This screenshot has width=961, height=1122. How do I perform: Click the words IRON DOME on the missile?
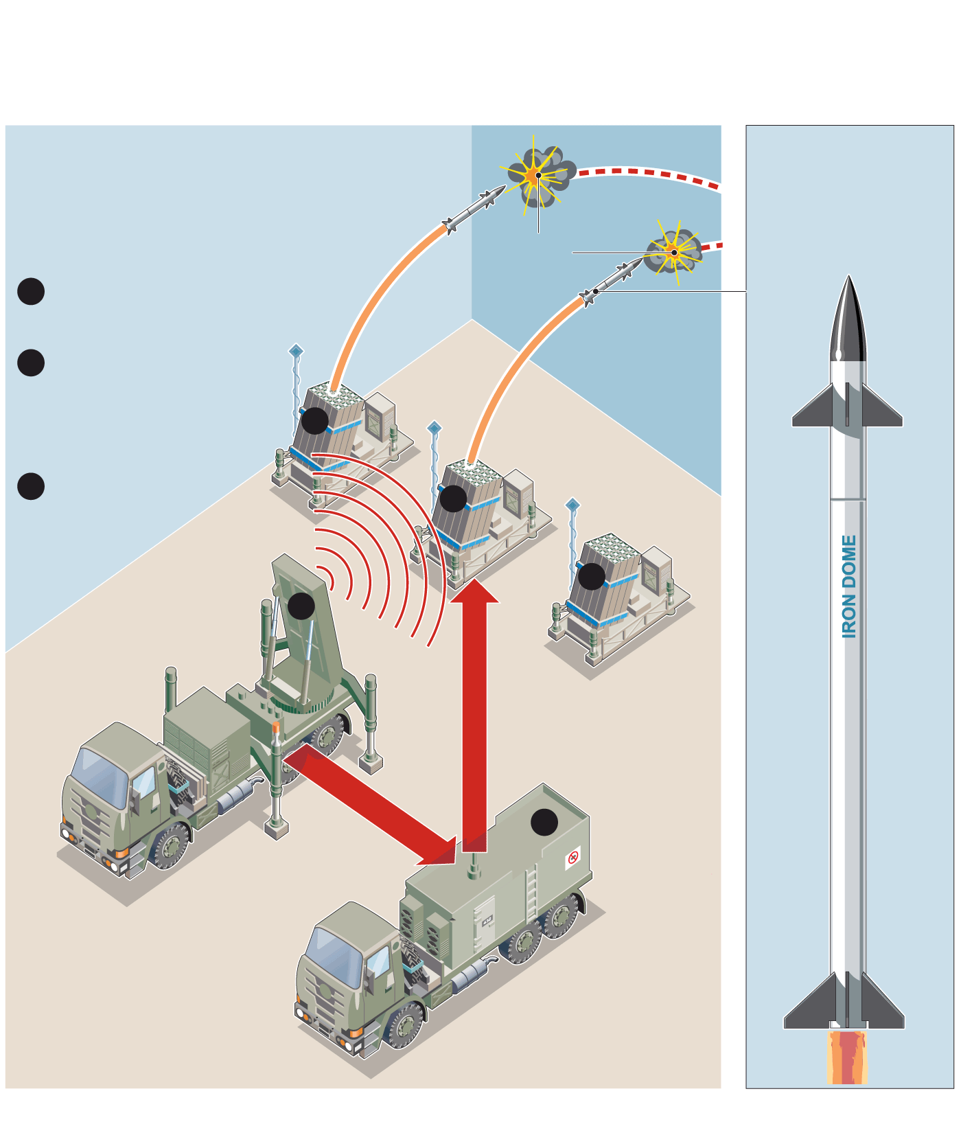849,587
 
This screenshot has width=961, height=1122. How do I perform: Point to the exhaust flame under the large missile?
848,1058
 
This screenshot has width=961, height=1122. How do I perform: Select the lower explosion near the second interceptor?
673,253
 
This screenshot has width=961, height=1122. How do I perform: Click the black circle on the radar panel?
301,606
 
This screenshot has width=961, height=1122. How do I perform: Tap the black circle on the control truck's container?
544,822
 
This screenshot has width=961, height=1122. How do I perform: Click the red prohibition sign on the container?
573,857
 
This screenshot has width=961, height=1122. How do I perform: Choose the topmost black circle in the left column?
31,291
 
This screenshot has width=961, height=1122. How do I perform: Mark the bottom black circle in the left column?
31,486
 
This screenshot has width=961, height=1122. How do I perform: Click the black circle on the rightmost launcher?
592,576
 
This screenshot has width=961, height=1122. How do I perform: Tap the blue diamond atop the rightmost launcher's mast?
572,505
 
